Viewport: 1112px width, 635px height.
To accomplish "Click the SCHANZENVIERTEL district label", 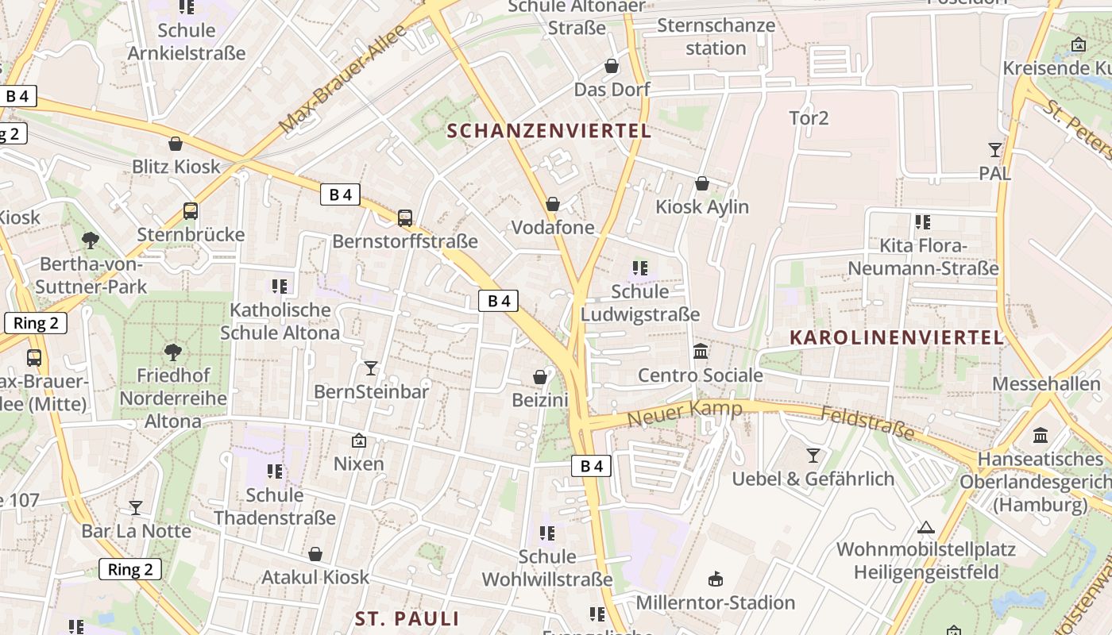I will click(549, 131).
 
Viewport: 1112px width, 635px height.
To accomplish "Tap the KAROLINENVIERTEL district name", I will click(897, 337).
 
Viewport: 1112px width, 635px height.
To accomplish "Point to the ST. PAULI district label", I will click(407, 618).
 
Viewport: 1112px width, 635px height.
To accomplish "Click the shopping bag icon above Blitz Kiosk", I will click(176, 144).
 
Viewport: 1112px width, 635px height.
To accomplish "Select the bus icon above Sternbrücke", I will click(191, 211).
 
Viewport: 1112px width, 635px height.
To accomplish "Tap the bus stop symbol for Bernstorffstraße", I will click(405, 217).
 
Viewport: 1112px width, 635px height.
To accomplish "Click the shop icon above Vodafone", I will click(553, 204).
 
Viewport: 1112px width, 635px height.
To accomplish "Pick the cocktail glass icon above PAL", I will click(994, 149).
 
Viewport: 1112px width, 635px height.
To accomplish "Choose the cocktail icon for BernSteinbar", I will click(371, 368).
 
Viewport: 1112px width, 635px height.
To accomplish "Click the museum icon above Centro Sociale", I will click(701, 351).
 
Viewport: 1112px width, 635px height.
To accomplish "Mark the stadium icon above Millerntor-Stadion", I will click(715, 579).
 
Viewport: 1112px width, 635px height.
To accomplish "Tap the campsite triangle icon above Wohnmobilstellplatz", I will click(925, 526).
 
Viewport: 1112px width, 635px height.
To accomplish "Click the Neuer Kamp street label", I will click(685, 413).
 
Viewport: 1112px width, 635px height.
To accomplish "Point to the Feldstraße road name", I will click(867, 424).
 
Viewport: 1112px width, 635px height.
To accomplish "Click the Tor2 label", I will click(809, 118).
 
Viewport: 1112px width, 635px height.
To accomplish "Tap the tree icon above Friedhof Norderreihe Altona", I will click(172, 352).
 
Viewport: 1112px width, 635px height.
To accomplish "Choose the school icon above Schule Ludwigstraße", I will click(640, 268).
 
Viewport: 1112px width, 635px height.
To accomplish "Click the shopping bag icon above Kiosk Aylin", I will click(702, 183).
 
